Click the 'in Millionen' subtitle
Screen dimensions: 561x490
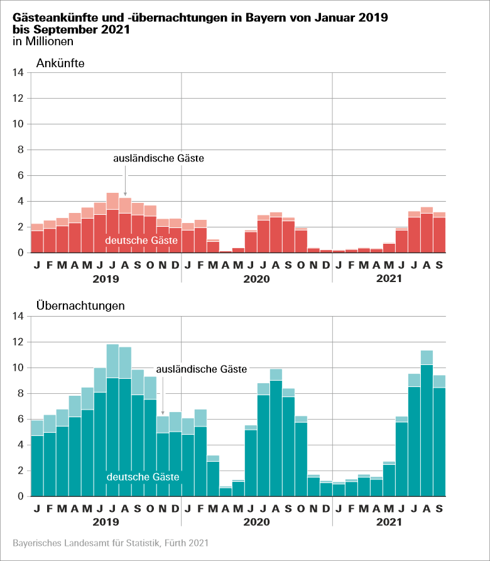pyautogui.click(x=43, y=41)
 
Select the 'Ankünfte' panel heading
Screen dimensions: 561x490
pyautogui.click(x=60, y=63)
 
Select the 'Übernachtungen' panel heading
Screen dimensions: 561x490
pyautogui.click(x=80, y=306)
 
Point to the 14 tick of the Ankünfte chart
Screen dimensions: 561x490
pyautogui.click(x=18, y=73)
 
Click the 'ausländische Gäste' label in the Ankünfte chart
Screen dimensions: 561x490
pyautogui.click(x=158, y=159)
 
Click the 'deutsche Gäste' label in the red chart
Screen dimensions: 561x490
pyautogui.click(x=136, y=241)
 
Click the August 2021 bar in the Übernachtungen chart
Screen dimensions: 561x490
pyautogui.click(x=427, y=427)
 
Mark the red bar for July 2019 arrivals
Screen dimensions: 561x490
pyautogui.click(x=112, y=226)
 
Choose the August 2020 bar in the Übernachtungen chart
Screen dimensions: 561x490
pyautogui.click(x=276, y=440)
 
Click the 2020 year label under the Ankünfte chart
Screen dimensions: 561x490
pyautogui.click(x=256, y=278)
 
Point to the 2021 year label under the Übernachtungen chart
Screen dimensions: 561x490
pyautogui.click(x=389, y=521)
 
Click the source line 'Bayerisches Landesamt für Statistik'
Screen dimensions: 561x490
pyautogui.click(x=110, y=542)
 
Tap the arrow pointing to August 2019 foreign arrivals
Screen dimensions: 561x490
pyautogui.click(x=125, y=188)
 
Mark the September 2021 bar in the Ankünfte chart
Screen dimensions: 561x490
pyautogui.click(x=439, y=234)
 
